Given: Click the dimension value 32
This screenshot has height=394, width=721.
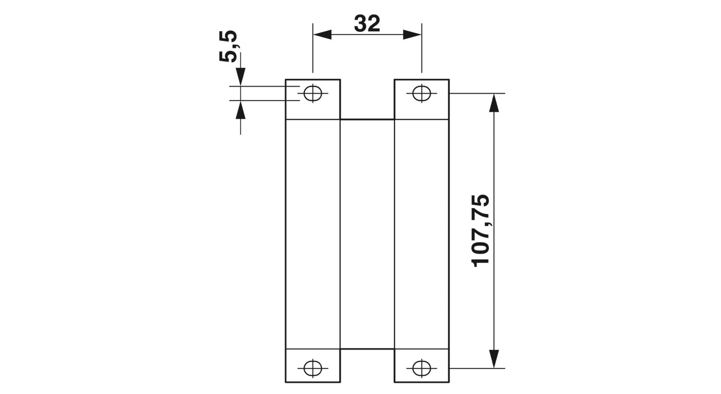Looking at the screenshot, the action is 367,24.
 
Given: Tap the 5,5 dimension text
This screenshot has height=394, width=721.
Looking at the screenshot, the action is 228,46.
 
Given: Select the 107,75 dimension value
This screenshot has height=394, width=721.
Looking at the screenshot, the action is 481,231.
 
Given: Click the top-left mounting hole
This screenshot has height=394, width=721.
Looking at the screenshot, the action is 312,93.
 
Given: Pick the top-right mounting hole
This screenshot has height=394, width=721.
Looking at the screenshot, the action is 422,93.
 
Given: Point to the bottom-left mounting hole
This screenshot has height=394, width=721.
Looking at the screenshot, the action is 312,368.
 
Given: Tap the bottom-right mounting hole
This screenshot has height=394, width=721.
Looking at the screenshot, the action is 422,368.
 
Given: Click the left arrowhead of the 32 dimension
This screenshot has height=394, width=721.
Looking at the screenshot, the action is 322,35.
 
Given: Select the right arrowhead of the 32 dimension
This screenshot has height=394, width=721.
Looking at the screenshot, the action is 412,35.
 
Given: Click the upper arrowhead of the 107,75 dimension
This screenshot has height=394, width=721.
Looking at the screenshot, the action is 494,103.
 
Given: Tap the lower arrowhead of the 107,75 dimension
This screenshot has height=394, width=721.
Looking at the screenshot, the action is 494,358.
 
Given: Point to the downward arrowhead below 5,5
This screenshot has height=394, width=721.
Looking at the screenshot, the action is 240,77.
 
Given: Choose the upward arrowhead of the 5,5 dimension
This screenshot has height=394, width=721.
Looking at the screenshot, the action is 240,110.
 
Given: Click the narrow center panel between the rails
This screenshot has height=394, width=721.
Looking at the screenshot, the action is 367,234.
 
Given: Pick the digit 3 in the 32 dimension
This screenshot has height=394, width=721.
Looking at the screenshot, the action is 360,24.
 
